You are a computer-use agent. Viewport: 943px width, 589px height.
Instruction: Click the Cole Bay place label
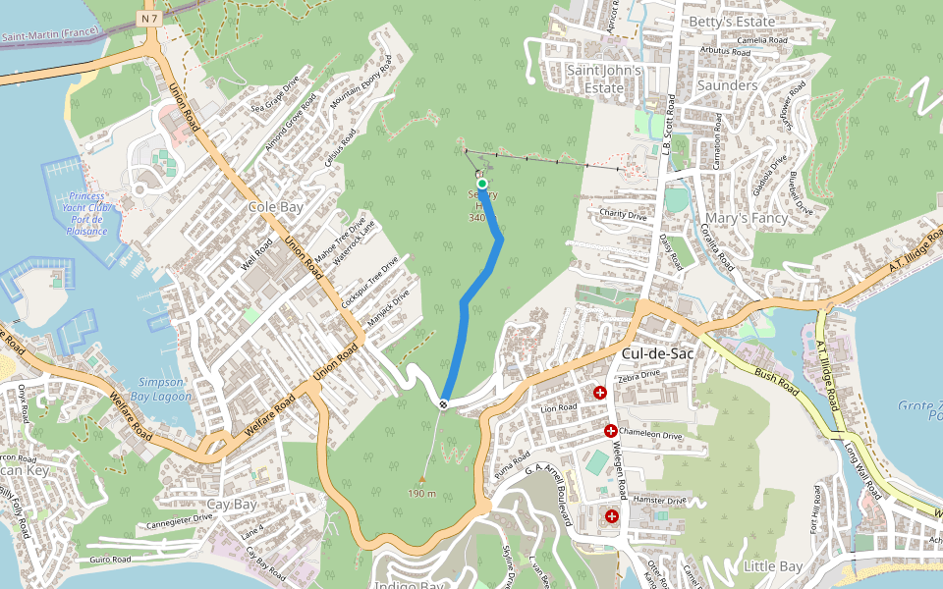[275, 207]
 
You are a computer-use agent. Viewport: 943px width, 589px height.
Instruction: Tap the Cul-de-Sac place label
[657, 352]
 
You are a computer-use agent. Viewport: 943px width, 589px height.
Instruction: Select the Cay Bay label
[232, 505]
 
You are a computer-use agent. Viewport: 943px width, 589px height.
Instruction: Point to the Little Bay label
[773, 566]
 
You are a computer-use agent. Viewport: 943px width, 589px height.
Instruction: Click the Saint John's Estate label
[604, 80]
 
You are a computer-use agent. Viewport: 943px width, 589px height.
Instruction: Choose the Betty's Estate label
[731, 22]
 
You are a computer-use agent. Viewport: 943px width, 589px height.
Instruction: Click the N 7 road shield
[148, 19]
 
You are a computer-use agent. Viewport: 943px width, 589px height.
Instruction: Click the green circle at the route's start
[482, 184]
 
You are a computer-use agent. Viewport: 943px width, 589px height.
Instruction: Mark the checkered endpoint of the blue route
[445, 403]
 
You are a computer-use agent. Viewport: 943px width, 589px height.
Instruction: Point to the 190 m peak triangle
[422, 480]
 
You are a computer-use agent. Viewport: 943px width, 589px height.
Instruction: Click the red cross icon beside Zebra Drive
[600, 393]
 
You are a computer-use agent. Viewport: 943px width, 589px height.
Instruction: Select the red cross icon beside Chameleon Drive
[610, 431]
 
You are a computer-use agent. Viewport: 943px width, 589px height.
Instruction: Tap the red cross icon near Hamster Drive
[612, 515]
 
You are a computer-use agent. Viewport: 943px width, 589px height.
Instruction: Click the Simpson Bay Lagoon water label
[161, 388]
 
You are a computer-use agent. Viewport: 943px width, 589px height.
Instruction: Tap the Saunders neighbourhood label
[727, 85]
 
